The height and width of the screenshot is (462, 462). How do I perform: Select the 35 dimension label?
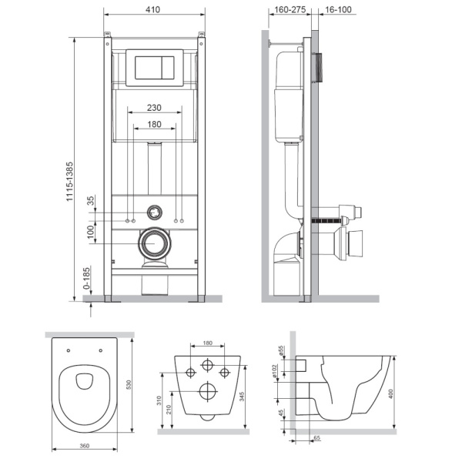tap(91, 203)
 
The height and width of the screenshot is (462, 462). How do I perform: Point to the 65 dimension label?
tap(316, 437)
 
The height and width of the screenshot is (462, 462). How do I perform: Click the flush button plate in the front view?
tap(155, 67)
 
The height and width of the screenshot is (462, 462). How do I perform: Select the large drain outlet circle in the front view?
tap(156, 244)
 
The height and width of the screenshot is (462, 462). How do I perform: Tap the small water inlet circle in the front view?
tap(156, 209)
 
